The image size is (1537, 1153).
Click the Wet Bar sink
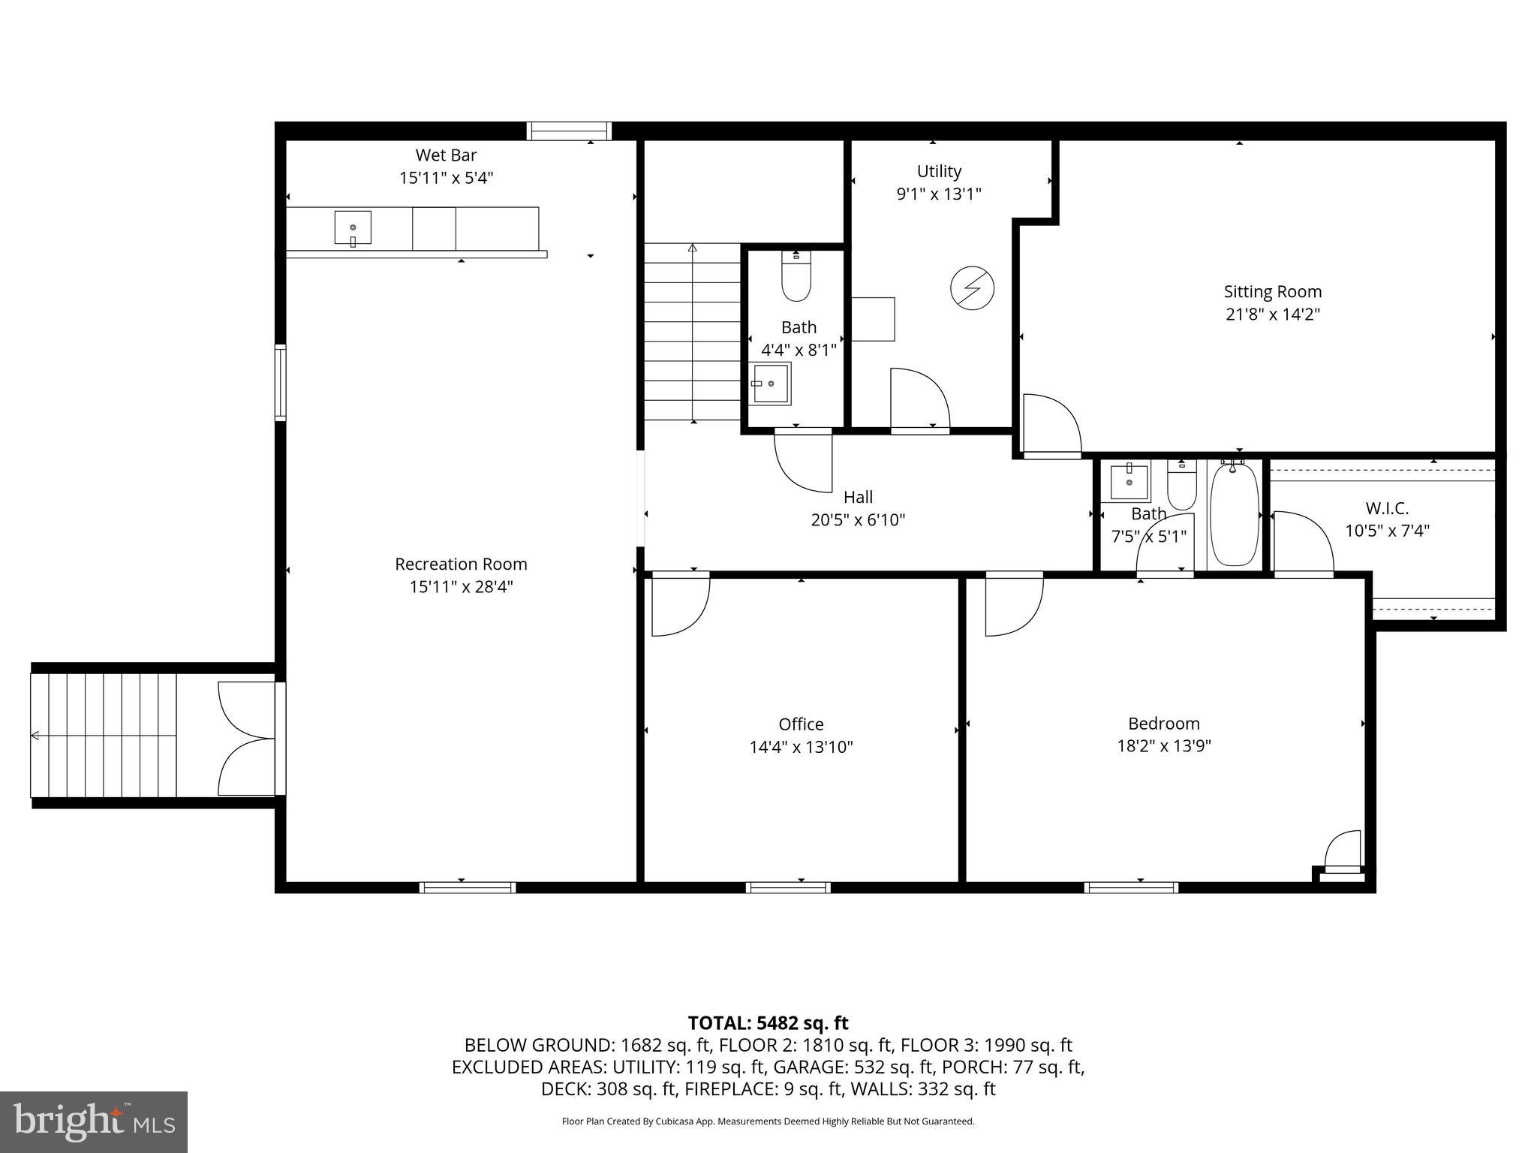pyautogui.click(x=352, y=227)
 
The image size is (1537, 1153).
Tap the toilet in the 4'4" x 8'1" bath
pyautogui.click(x=796, y=277)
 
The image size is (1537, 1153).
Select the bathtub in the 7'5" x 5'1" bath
pyautogui.click(x=1235, y=514)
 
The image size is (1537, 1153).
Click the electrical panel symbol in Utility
pyautogui.click(x=972, y=288)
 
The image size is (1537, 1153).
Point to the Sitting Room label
pyautogui.click(x=1272, y=291)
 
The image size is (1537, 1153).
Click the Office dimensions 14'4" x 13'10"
pyautogui.click(x=801, y=747)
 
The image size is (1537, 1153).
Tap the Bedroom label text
pyautogui.click(x=1163, y=723)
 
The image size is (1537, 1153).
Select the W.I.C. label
pyautogui.click(x=1386, y=508)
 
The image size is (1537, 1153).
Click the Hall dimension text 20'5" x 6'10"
pyautogui.click(x=858, y=519)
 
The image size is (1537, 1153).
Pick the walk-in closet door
pyautogui.click(x=1303, y=543)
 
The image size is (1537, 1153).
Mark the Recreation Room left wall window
pyautogui.click(x=281, y=382)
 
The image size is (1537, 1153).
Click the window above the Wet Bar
pyautogui.click(x=569, y=131)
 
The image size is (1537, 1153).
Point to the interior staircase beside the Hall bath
pyautogui.click(x=692, y=332)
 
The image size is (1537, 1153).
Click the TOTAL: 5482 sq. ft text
pyautogui.click(x=768, y=1022)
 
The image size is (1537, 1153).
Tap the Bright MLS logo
pyautogui.click(x=94, y=1121)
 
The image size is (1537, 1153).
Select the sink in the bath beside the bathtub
pyautogui.click(x=1129, y=482)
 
